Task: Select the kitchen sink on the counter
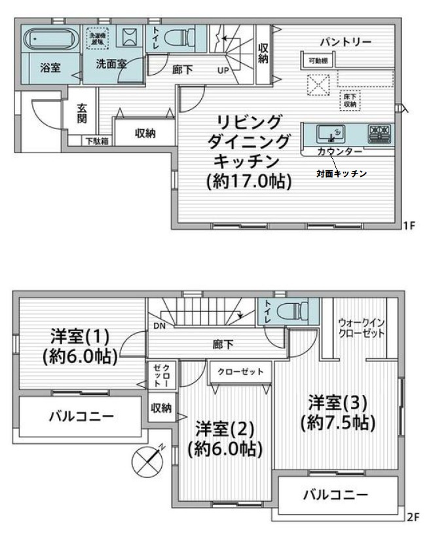pyautogui.click(x=326, y=135)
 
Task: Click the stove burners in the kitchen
pyautogui.click(x=379, y=134)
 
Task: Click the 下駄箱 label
pyautogui.click(x=98, y=141)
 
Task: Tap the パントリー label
pyautogui.click(x=345, y=42)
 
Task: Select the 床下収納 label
pyautogui.click(x=349, y=100)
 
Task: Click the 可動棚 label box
pyautogui.click(x=318, y=61)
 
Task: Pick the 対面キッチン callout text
pyautogui.click(x=341, y=174)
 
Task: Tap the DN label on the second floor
pyautogui.click(x=159, y=325)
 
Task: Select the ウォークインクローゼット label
pyautogui.click(x=362, y=327)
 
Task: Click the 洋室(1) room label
pyautogui.click(x=80, y=337)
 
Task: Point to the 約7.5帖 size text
pyautogui.click(x=337, y=422)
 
